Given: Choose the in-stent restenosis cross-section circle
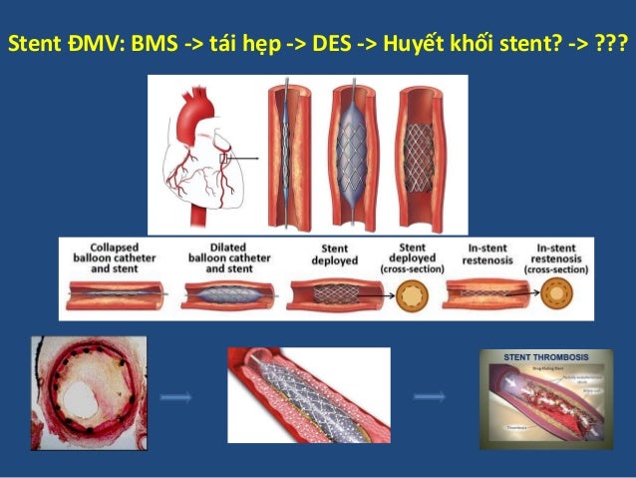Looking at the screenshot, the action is pyautogui.click(x=557, y=296).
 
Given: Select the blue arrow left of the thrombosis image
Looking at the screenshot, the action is pyautogui.click(x=430, y=397).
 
